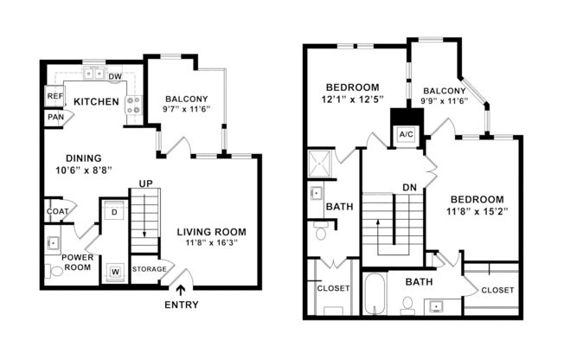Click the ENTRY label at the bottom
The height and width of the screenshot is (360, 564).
tap(180, 305)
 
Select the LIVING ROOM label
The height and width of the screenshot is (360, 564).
tap(212, 232)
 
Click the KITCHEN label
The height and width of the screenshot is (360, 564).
tap(95, 102)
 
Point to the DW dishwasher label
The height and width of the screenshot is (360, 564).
tap(115, 77)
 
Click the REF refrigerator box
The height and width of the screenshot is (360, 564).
tap(55, 97)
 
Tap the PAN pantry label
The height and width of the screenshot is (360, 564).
tap(55, 117)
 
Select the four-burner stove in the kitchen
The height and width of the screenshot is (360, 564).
tap(134, 106)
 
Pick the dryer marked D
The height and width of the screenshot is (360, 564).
tap(114, 211)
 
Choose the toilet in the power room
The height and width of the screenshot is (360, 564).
tap(57, 270)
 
